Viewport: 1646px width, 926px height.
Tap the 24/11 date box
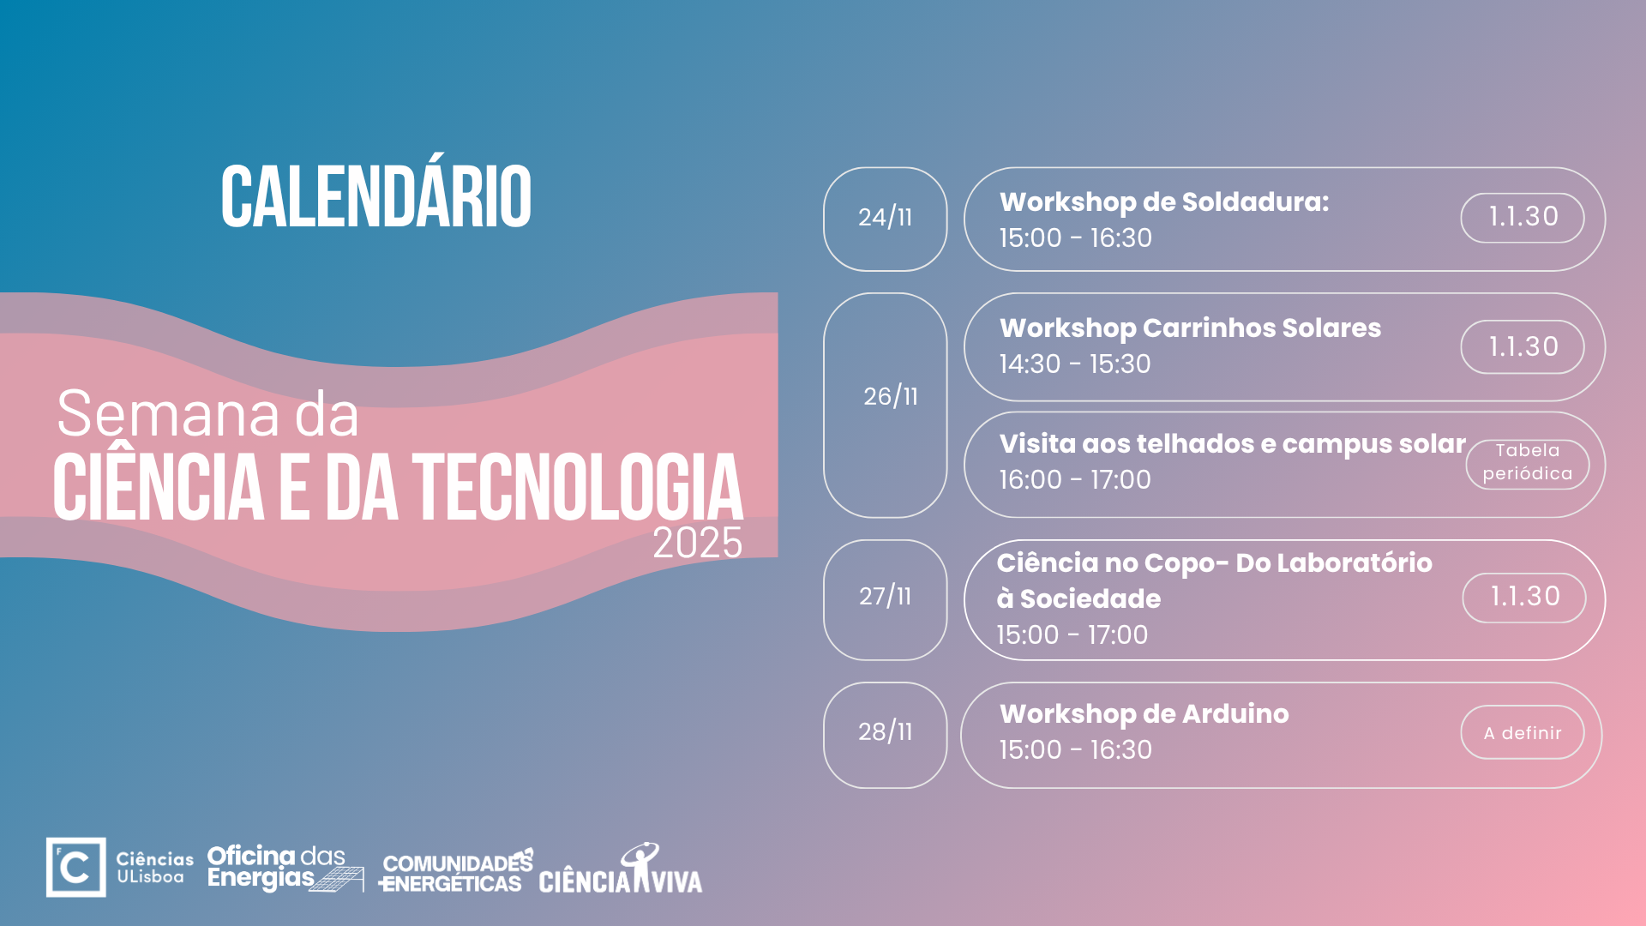(886, 219)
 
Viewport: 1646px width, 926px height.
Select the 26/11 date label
(891, 396)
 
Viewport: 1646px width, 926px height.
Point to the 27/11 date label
(886, 596)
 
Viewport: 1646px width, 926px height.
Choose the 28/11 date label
(886, 731)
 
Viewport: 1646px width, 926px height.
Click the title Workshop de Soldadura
(1164, 202)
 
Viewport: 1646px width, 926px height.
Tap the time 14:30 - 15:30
(1075, 364)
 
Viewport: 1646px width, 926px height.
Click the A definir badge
(1523, 732)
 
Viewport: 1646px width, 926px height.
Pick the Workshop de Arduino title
(1144, 713)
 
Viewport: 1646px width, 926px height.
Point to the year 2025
(698, 543)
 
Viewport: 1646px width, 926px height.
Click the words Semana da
(207, 414)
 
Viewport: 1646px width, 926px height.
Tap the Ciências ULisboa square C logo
(76, 867)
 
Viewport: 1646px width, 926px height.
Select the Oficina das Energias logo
(285, 868)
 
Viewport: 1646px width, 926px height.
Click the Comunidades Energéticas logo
(456, 872)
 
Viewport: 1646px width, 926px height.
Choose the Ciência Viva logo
(621, 868)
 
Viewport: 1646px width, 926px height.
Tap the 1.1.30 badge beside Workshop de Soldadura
(1523, 218)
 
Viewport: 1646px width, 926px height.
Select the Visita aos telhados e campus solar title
(1233, 444)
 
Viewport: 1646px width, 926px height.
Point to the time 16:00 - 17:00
(1075, 479)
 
